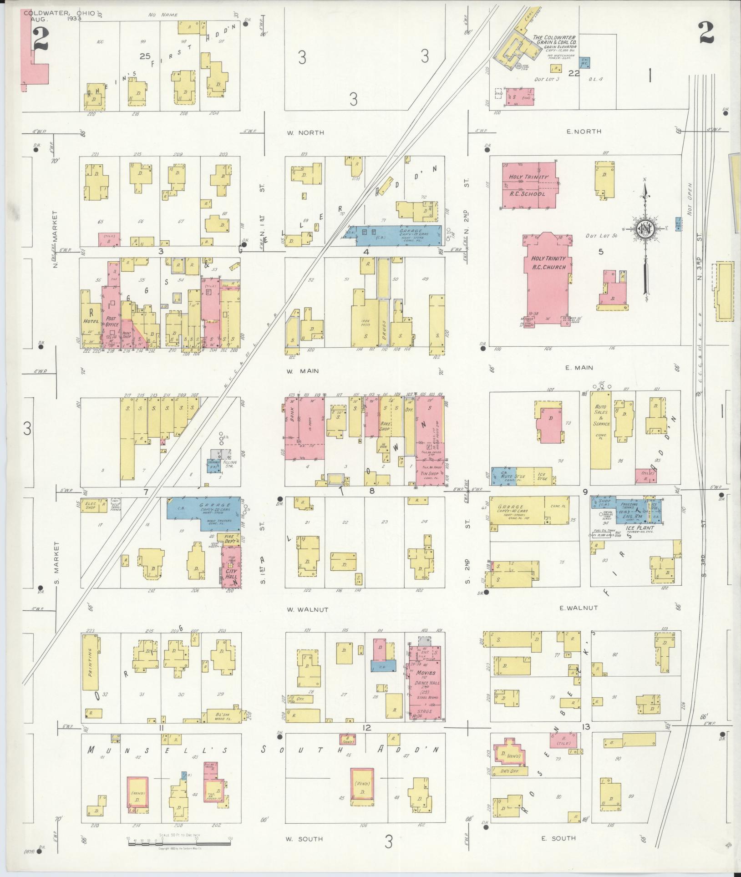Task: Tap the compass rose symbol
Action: tap(645, 230)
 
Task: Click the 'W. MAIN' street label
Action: tap(302, 371)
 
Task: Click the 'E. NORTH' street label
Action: tap(584, 132)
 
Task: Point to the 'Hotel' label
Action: tap(91, 321)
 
